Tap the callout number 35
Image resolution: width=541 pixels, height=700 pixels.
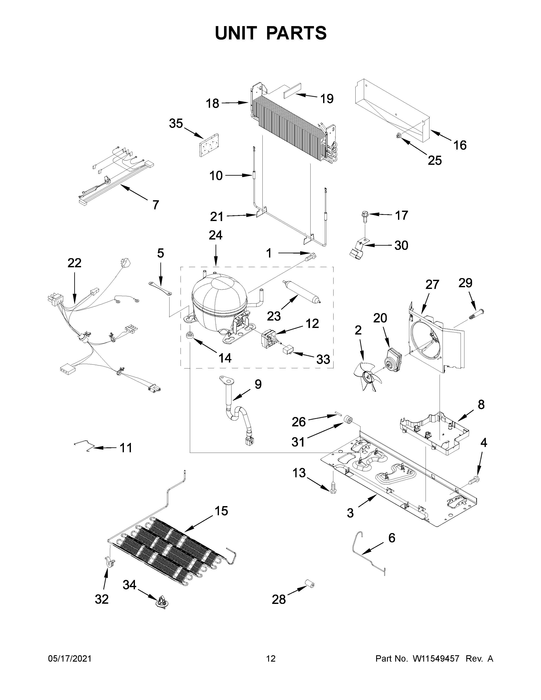(x=176, y=123)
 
